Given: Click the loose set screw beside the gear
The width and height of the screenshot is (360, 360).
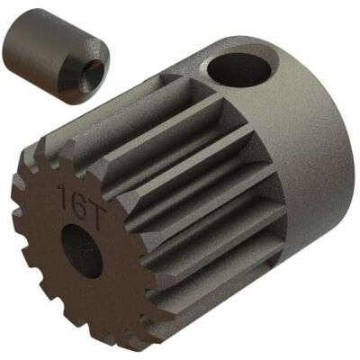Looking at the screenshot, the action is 57,56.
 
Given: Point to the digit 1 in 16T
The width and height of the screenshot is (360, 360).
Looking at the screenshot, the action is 63,193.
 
